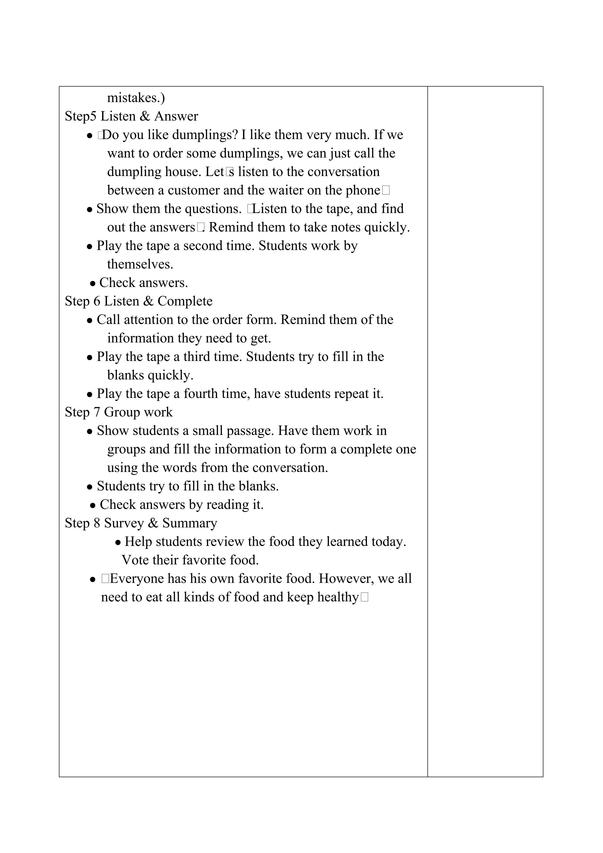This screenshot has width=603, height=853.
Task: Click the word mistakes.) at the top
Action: click(x=136, y=98)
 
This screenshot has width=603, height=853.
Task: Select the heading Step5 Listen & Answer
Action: click(x=131, y=116)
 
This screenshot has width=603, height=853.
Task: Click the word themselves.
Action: click(x=140, y=264)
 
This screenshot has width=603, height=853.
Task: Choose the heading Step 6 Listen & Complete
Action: click(x=139, y=301)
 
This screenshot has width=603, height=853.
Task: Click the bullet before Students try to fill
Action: click(x=89, y=487)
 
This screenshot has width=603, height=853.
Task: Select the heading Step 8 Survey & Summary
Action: click(x=141, y=523)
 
